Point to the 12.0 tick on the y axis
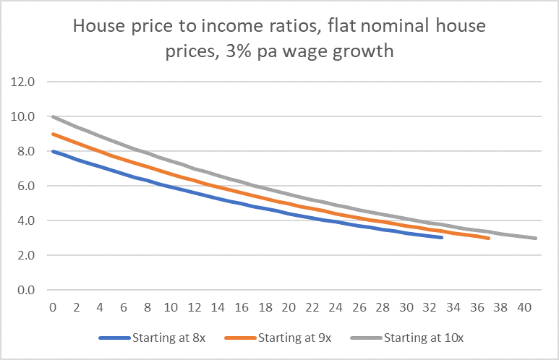(23, 82)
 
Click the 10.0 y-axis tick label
(23, 116)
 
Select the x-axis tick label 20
(289, 307)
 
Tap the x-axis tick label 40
(525, 307)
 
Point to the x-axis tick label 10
(171, 307)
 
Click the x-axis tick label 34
(454, 307)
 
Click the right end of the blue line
(442, 237)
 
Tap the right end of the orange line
(489, 238)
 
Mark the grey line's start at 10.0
(53, 116)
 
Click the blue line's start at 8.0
(53, 151)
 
